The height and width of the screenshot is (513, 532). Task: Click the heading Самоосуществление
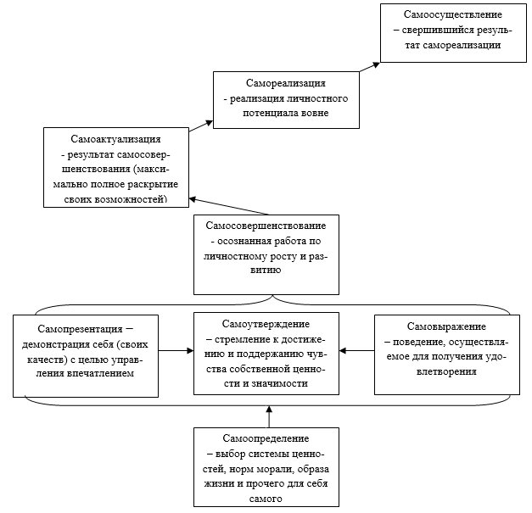tap(452, 14)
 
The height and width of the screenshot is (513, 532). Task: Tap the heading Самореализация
tap(286, 83)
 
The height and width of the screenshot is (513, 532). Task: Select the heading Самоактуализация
tap(115, 139)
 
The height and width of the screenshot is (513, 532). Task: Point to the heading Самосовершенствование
tap(266, 226)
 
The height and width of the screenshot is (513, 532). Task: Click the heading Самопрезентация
tap(80, 329)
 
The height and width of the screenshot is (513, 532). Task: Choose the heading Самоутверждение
tap(266, 324)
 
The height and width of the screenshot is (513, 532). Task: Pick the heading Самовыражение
tap(446, 326)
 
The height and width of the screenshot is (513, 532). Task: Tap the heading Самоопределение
tap(266, 438)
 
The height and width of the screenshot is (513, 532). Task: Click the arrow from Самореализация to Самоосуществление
tap(370, 67)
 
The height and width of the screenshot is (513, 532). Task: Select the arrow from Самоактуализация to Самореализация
tap(201, 126)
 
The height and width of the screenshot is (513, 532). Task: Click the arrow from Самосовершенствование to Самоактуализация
tap(229, 206)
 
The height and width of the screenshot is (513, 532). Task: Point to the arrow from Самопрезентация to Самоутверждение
tap(176, 350)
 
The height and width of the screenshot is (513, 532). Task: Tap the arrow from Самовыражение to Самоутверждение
tap(356, 350)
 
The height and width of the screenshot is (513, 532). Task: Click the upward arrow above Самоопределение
tap(269, 416)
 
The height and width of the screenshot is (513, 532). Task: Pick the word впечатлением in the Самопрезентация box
tap(100, 374)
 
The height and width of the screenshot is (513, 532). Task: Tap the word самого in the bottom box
tap(266, 499)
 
